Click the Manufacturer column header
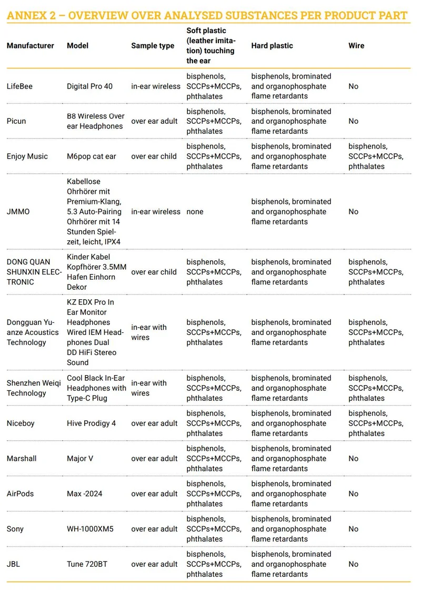tap(31, 46)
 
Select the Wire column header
tap(356, 46)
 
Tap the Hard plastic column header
tap(273, 46)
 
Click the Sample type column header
tap(153, 46)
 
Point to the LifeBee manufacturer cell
tap(19, 86)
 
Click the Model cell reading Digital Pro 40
tap(89, 86)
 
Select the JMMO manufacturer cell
tap(18, 212)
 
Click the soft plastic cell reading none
tap(195, 212)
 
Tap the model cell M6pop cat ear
tap(91, 156)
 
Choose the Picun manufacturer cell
tap(16, 121)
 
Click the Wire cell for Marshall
tap(353, 459)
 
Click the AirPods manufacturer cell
tap(20, 494)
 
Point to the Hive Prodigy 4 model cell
tap(91, 423)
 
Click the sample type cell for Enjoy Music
tap(154, 156)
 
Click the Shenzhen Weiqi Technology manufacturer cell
tap(34, 388)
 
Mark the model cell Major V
tap(80, 459)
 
